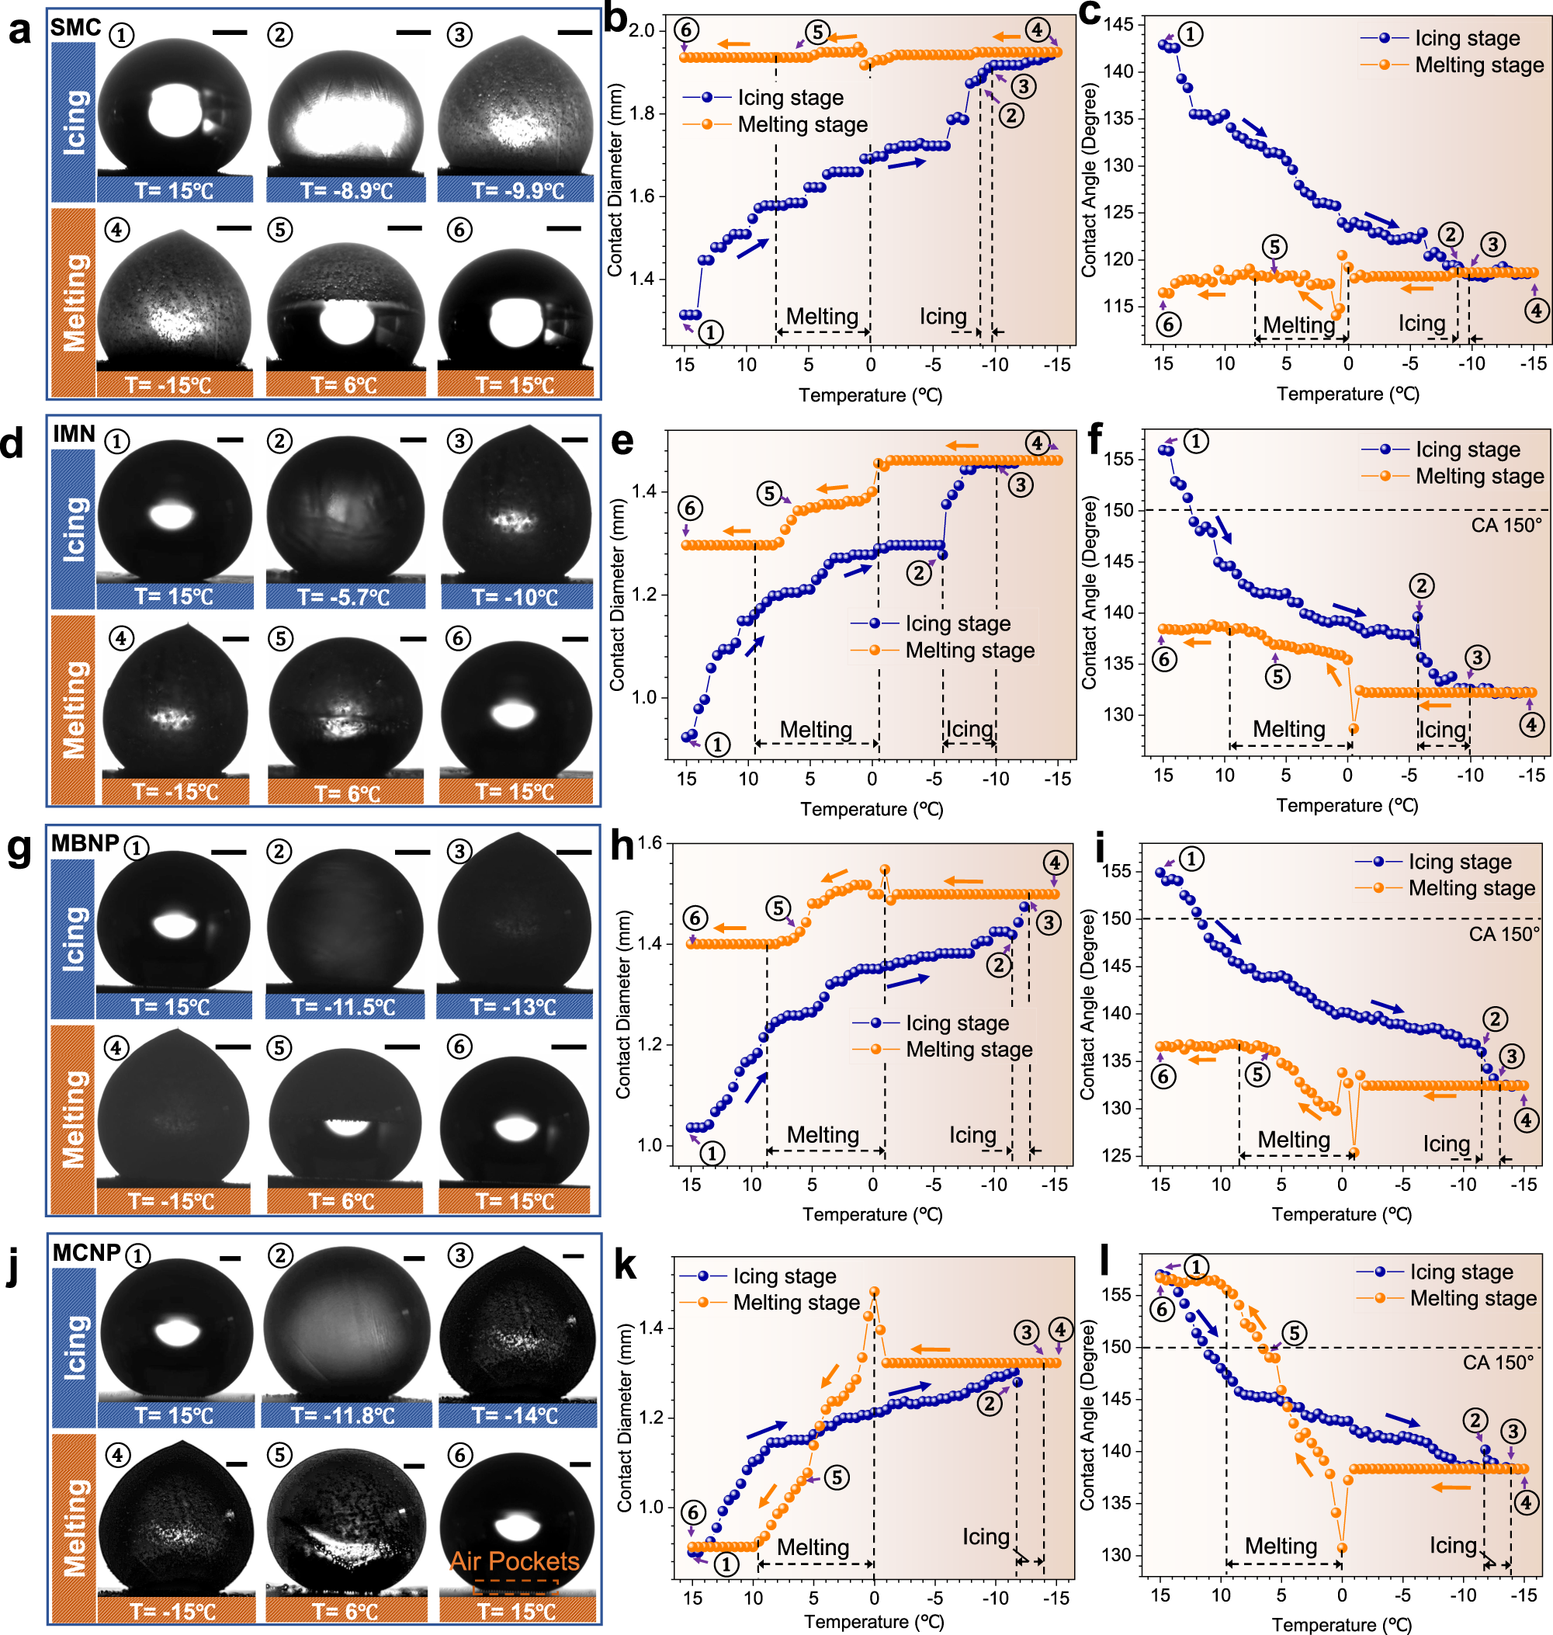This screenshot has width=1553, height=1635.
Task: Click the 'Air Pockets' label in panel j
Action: click(x=514, y=1560)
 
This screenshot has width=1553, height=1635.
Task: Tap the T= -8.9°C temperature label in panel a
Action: click(x=346, y=190)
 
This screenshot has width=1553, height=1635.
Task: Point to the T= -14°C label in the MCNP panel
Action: click(x=518, y=1415)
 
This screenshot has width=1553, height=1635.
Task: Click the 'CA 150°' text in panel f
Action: click(x=1506, y=525)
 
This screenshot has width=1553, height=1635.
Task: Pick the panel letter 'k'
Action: click(x=625, y=1265)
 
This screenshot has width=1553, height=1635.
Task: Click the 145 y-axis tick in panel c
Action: click(x=1118, y=24)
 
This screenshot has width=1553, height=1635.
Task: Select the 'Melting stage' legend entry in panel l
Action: click(x=1473, y=1298)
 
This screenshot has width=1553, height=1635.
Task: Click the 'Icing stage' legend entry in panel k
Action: click(x=784, y=1276)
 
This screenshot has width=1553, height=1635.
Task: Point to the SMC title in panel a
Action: click(x=75, y=27)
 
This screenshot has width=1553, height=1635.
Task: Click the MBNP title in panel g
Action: click(x=85, y=842)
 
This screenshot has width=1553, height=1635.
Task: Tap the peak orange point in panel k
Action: click(x=873, y=1291)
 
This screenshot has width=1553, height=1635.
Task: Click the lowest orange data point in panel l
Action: click(x=1342, y=1547)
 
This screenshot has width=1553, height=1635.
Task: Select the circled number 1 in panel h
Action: click(x=712, y=1152)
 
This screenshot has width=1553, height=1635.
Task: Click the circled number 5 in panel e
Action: click(x=770, y=495)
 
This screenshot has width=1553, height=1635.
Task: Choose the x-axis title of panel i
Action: click(x=1341, y=1214)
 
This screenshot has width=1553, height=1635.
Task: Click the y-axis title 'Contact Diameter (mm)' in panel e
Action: click(x=617, y=594)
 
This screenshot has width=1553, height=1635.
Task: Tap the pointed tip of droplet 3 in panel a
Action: click(x=519, y=36)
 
